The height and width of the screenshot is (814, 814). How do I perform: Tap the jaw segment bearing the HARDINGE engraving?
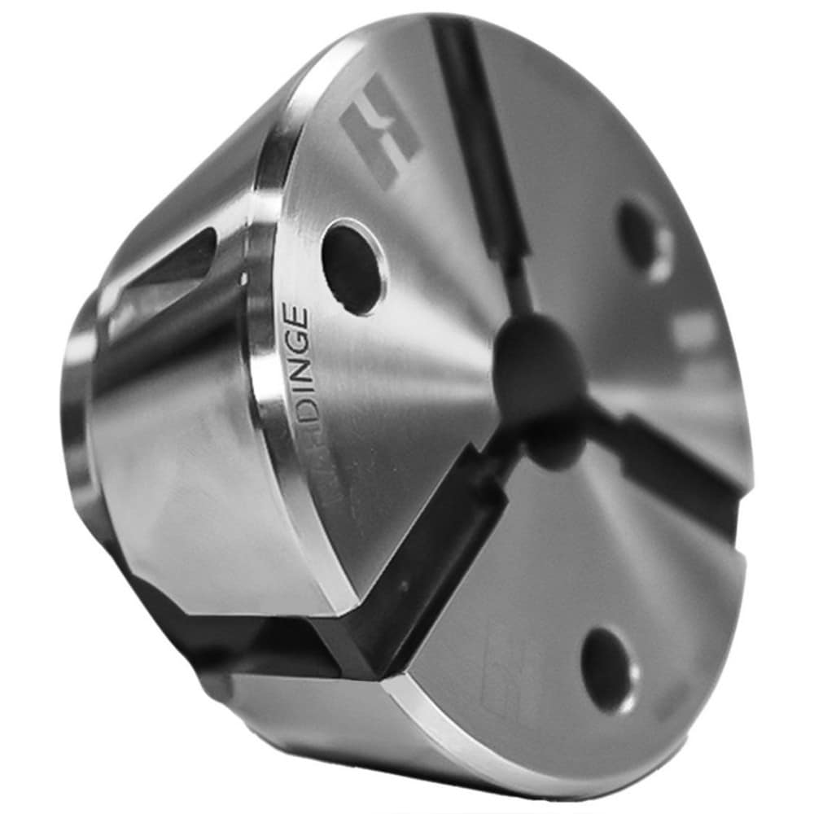[x=391, y=366]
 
